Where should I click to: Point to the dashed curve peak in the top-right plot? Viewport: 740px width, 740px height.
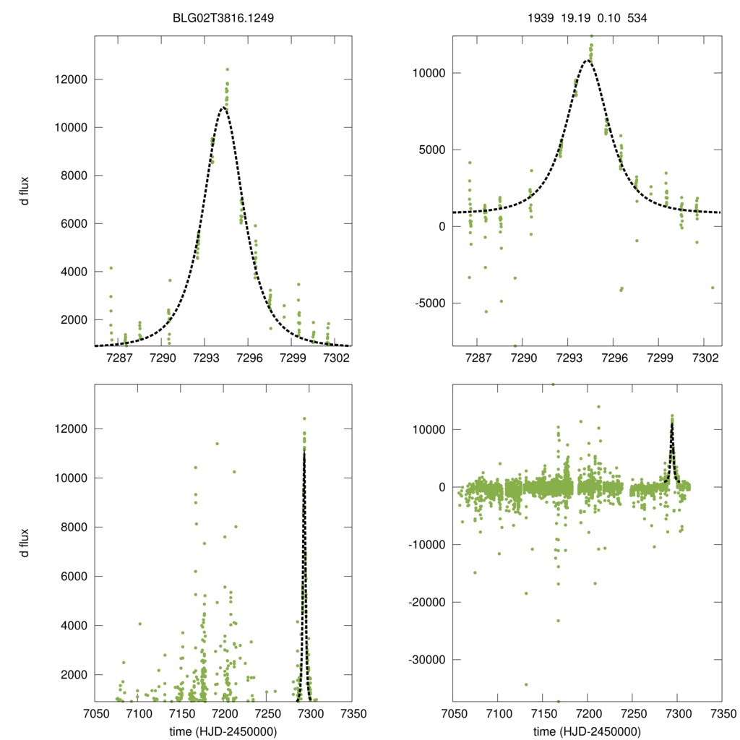[x=588, y=61]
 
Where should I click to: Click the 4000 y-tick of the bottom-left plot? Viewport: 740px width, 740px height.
[x=70, y=625]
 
